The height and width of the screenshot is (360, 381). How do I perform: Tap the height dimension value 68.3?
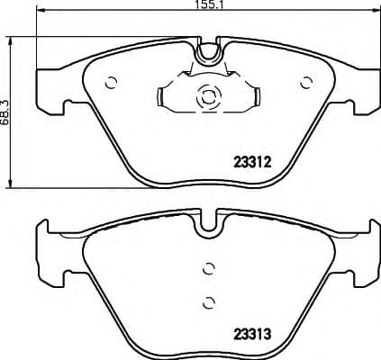(x=8, y=106)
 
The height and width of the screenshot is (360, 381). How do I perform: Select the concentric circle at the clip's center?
(x=208, y=96)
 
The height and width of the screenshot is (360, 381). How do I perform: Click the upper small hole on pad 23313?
(x=208, y=267)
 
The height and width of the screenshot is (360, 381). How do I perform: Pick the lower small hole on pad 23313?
(x=208, y=301)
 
